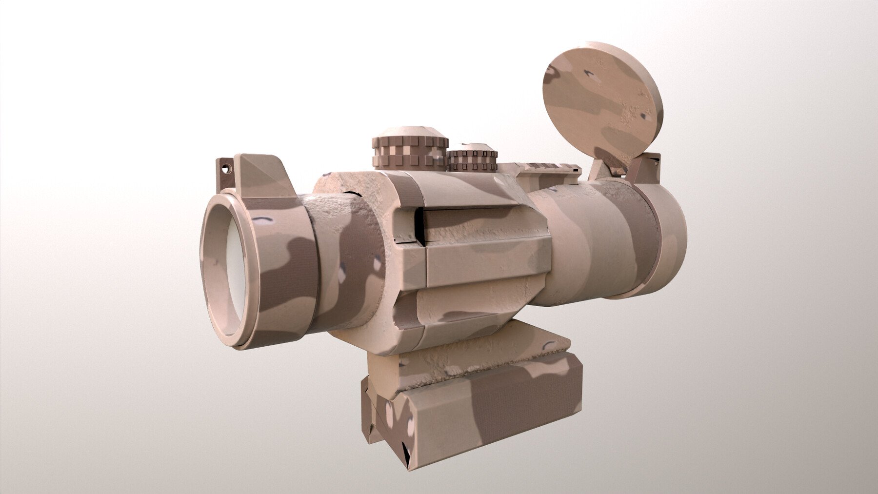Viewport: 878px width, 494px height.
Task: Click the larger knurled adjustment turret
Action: [x=410, y=151]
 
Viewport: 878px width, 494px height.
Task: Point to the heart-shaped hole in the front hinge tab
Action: [x=225, y=168]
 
